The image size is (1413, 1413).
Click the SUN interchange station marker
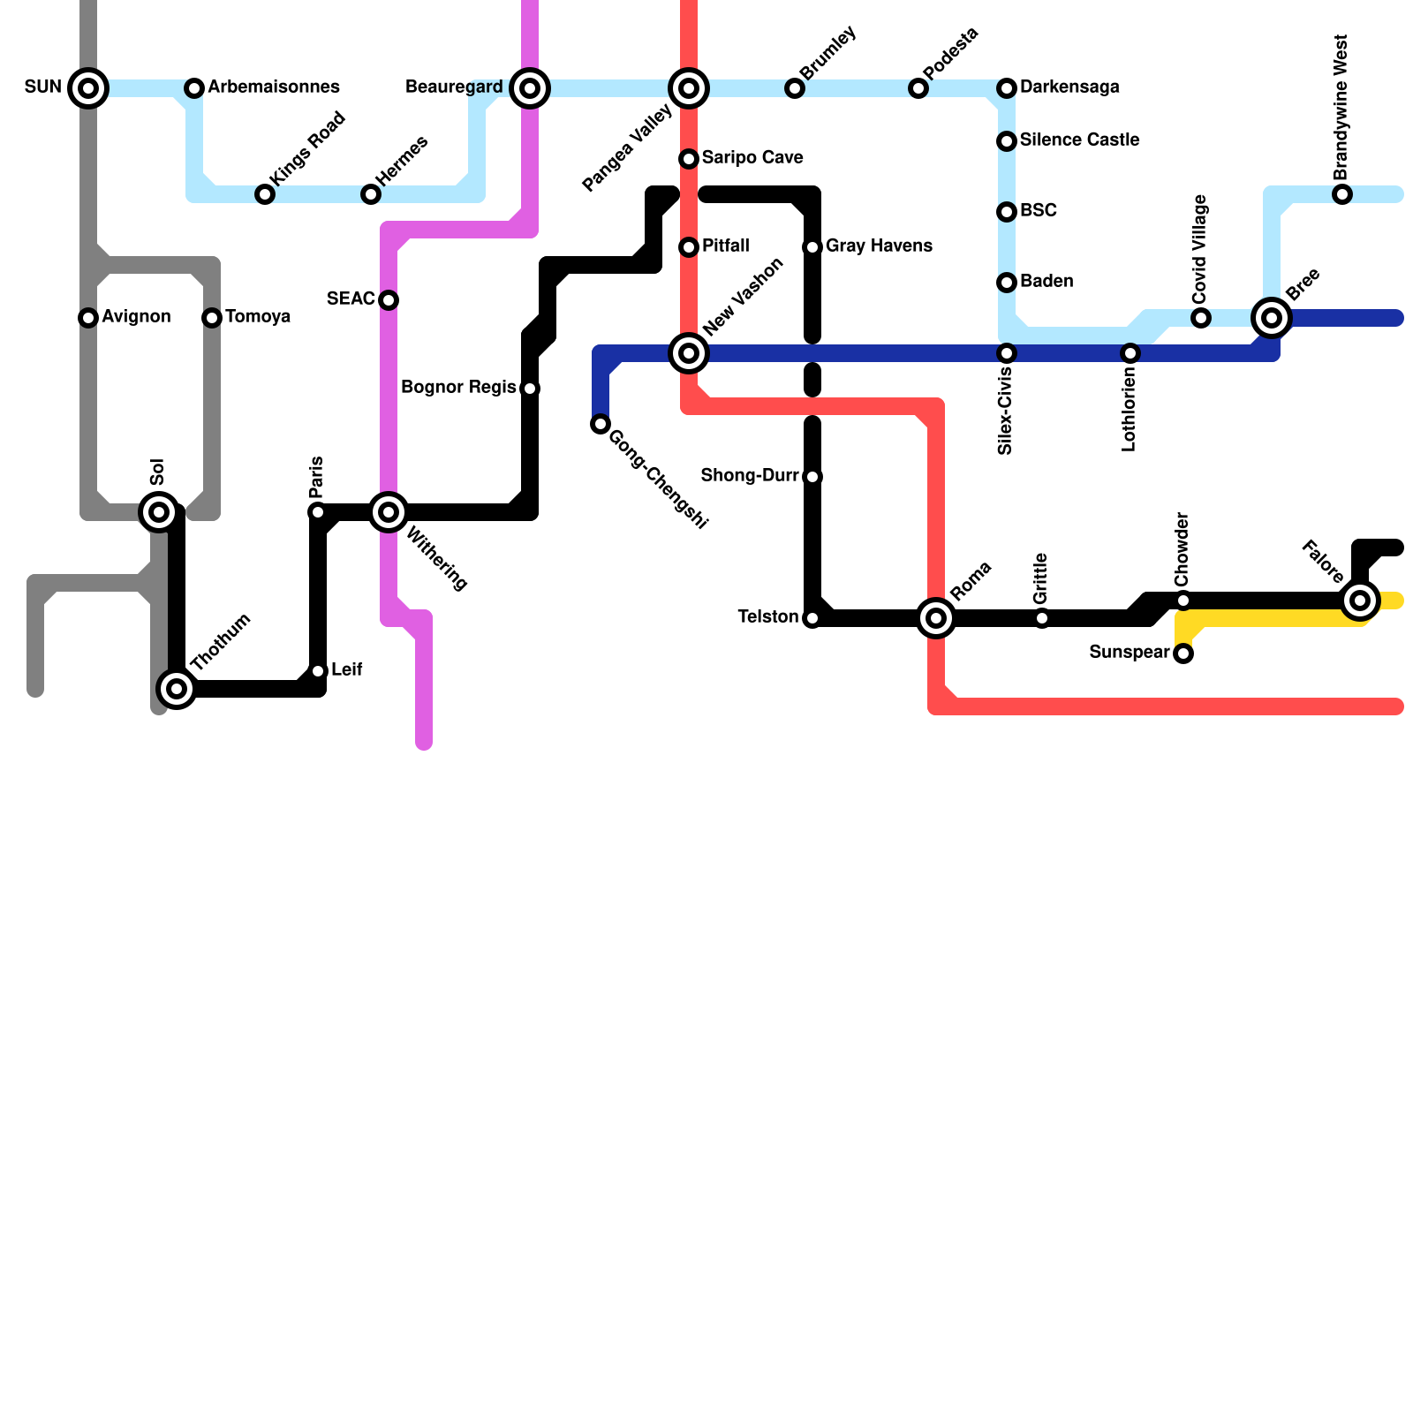[x=88, y=88]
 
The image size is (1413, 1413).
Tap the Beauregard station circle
[x=530, y=88]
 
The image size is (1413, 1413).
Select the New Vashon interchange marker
[x=689, y=353]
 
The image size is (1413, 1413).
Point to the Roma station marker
[x=936, y=618]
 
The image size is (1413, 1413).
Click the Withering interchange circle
[x=389, y=512]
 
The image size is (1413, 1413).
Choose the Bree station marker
[x=1272, y=318]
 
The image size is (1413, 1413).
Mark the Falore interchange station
[x=1360, y=601]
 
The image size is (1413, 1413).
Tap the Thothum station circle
[x=177, y=689]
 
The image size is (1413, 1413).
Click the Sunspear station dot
[x=1183, y=654]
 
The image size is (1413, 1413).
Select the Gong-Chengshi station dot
[x=601, y=424]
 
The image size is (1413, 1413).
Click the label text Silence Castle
[x=1079, y=140]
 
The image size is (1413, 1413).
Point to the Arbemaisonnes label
[x=274, y=87]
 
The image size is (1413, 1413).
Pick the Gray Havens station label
[x=879, y=246]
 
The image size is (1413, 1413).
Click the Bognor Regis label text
[x=458, y=388]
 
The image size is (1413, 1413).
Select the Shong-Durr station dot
[x=812, y=477]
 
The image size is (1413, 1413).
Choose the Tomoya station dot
[x=212, y=318]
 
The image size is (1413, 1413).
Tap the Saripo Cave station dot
[x=689, y=159]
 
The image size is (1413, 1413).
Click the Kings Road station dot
[x=265, y=194]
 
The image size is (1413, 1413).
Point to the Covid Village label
[x=1199, y=249]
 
